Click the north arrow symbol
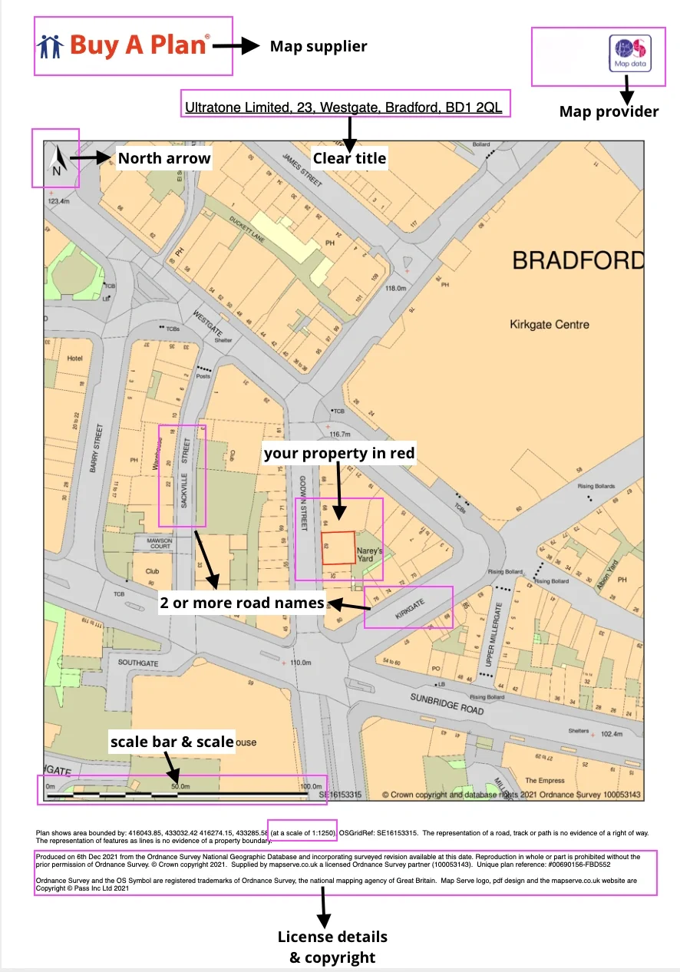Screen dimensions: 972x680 (x=54, y=163)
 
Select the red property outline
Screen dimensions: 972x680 (x=338, y=547)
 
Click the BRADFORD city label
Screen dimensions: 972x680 (x=577, y=261)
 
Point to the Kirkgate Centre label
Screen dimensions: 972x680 (x=549, y=324)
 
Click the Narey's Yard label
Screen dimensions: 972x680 (x=365, y=554)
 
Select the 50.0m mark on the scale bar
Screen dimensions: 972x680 (x=180, y=786)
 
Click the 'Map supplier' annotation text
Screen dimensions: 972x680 (x=318, y=47)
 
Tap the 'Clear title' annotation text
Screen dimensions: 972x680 (x=349, y=158)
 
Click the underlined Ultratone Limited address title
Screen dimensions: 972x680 (x=343, y=107)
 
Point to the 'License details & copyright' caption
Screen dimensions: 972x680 (x=332, y=947)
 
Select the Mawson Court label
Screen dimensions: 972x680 (x=156, y=544)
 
